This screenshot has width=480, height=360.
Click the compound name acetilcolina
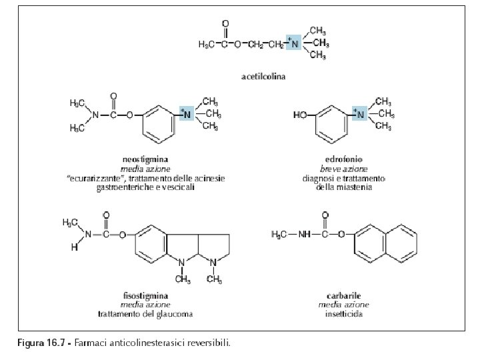tap(263, 77)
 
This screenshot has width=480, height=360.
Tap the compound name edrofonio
tap(343, 160)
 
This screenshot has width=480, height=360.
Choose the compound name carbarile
tap(344, 295)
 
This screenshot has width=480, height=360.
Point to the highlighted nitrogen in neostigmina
tap(187, 114)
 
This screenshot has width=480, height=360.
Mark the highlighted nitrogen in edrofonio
tap(361, 114)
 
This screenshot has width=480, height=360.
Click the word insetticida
tap(344, 313)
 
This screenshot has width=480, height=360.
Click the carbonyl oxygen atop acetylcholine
tap(225, 25)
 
